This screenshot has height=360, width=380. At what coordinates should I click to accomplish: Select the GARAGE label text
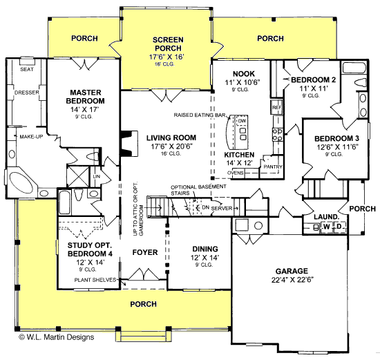tap(292, 270)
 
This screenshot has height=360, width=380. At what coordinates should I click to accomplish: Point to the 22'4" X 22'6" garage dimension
tap(292, 279)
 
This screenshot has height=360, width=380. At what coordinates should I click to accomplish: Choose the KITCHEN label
tap(240, 155)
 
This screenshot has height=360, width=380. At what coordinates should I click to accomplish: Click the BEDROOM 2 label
tap(311, 80)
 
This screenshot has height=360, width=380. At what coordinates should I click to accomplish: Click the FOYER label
tap(145, 252)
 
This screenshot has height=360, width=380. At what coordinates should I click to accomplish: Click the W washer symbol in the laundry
tap(325, 226)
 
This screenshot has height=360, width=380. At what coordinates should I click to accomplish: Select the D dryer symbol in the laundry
tap(339, 226)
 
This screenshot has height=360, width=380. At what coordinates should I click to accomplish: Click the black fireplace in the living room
tap(126, 142)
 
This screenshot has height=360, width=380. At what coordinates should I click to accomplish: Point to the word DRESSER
tap(26, 91)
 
